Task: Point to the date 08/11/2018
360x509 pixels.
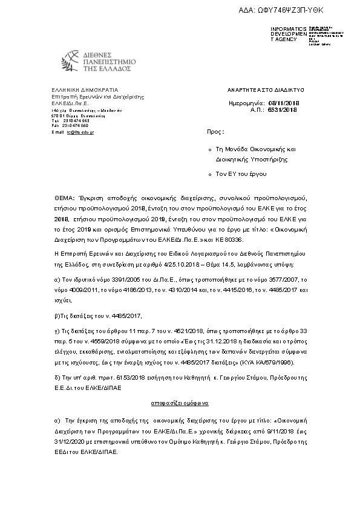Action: (284, 104)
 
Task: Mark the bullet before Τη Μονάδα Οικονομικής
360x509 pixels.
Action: (209, 149)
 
